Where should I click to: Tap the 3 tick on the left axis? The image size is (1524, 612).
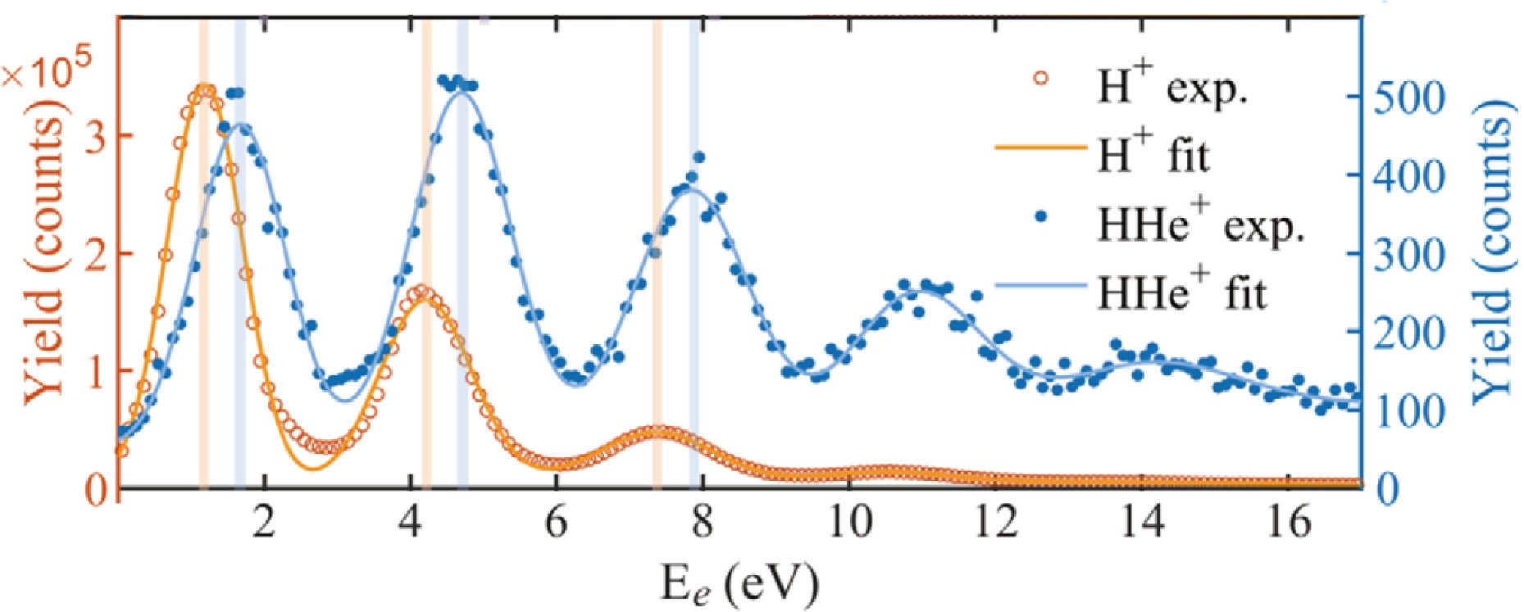pos(95,136)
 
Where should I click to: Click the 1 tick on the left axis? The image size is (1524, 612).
pos(95,371)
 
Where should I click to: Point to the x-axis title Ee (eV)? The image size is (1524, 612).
pos(739,583)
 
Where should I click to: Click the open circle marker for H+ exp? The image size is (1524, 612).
pos(1040,79)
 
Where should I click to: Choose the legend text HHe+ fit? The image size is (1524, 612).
pos(1182,292)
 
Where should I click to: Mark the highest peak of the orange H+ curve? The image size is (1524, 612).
pos(204,88)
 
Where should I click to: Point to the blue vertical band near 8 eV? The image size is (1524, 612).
pos(694,246)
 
